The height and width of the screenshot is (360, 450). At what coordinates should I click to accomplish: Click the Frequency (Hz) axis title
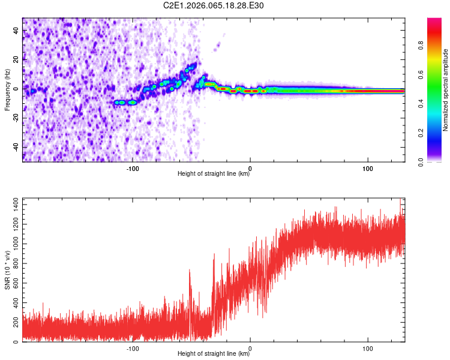(7, 89)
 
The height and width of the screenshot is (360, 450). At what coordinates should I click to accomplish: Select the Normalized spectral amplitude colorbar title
(446, 90)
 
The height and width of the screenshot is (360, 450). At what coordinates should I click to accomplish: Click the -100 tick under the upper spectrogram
(133, 169)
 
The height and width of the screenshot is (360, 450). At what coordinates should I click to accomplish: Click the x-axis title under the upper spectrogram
(214, 174)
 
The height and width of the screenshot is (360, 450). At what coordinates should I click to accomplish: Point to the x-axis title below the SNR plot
(214, 354)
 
